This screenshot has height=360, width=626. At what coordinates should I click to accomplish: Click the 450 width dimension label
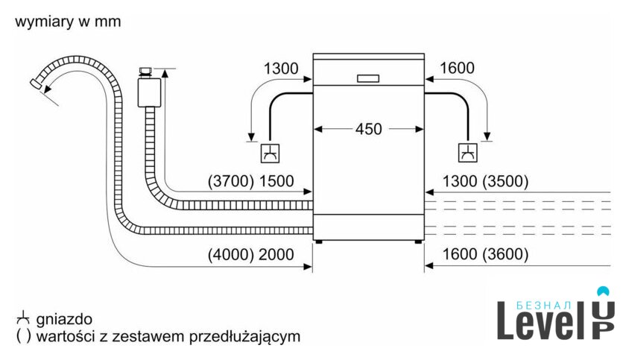click(368, 129)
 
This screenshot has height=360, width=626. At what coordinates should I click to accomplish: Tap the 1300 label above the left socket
click(281, 69)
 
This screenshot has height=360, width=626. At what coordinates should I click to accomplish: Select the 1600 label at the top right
click(457, 69)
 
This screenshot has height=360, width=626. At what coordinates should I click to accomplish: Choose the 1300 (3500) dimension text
click(485, 181)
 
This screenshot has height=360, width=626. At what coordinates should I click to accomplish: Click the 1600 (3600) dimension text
click(485, 255)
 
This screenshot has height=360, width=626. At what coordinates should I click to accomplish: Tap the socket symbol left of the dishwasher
click(269, 154)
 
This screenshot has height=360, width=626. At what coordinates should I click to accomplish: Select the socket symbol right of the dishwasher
click(467, 154)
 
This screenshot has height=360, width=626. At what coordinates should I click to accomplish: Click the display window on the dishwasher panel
click(368, 78)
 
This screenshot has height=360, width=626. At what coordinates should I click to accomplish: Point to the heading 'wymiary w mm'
click(67, 23)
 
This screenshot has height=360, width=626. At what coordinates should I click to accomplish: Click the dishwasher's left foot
click(320, 242)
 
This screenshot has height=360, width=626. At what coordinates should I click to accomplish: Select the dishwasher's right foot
click(417, 242)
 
